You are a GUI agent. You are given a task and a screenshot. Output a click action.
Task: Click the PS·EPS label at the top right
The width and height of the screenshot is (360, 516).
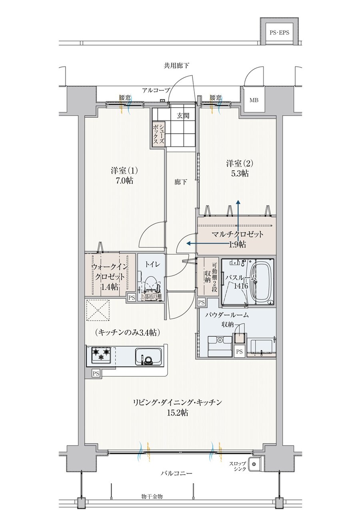(x=279, y=32)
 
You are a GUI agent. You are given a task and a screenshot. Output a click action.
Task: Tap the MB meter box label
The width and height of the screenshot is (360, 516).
(x=254, y=100)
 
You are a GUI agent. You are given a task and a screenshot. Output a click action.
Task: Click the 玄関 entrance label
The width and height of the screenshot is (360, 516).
(x=183, y=116)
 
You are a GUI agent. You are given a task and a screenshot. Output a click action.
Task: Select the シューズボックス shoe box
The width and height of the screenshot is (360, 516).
(x=159, y=134)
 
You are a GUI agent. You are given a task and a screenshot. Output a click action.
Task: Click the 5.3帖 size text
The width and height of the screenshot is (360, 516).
(x=240, y=173)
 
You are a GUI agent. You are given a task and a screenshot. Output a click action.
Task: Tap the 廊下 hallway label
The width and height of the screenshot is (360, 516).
(x=180, y=182)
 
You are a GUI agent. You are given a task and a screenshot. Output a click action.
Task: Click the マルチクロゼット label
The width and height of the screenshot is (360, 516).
(x=237, y=235)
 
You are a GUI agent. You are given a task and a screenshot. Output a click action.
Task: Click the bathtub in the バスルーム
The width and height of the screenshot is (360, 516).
(x=262, y=283)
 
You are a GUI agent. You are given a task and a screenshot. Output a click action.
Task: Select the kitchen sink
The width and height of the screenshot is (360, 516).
(x=149, y=356)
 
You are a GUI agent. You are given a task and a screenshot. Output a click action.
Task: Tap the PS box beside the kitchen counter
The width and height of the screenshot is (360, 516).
(x=96, y=373)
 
